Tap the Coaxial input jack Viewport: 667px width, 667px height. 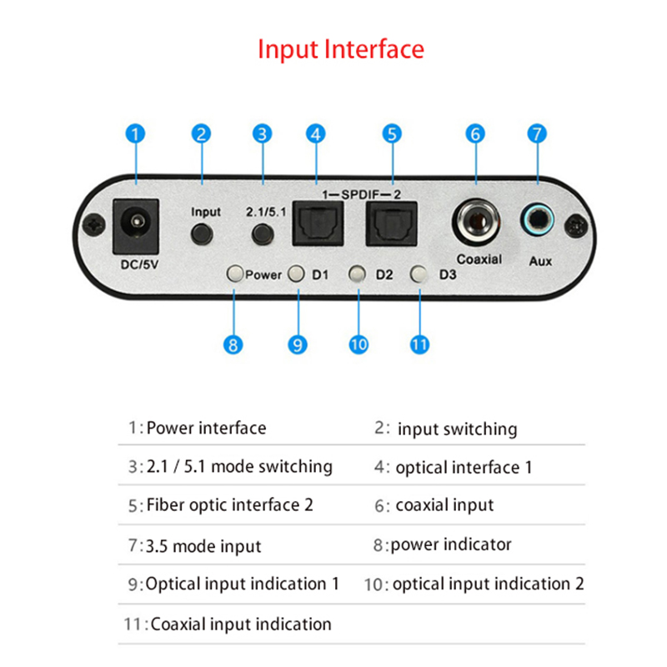(x=476, y=223)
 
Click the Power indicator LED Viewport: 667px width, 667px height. (x=235, y=273)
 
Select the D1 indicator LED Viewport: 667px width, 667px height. (x=297, y=273)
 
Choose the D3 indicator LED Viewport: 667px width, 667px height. (x=419, y=273)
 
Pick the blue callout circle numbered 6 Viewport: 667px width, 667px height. (x=476, y=133)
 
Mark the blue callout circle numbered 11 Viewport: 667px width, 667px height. (x=419, y=343)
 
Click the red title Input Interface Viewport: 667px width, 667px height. (x=340, y=48)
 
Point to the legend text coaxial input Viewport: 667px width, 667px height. (x=444, y=505)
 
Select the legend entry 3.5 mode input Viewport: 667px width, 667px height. (x=203, y=547)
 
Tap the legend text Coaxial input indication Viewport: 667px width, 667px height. (x=240, y=624)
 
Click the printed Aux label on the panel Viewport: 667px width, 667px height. (x=540, y=261)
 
